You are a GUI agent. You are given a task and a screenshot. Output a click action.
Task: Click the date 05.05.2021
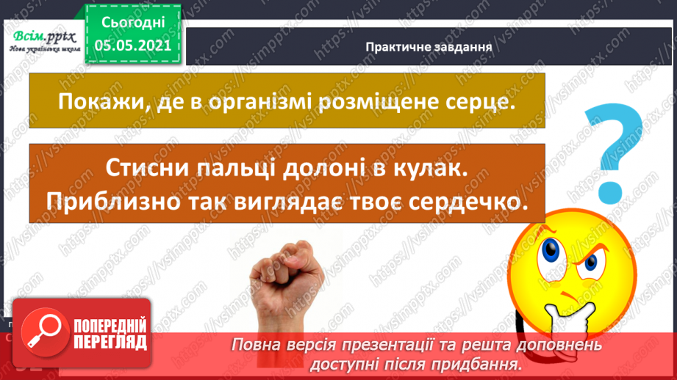[132, 45]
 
